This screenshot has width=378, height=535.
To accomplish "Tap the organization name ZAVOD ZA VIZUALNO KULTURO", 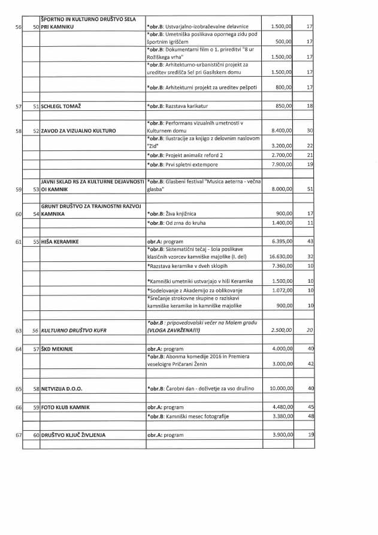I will [x=78, y=131].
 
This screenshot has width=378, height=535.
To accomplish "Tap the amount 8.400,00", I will [x=282, y=131].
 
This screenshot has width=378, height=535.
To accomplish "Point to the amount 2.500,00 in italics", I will [x=282, y=331].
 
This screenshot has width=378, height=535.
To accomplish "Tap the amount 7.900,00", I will [x=282, y=164].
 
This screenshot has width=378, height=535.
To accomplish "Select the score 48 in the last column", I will [x=310, y=416].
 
